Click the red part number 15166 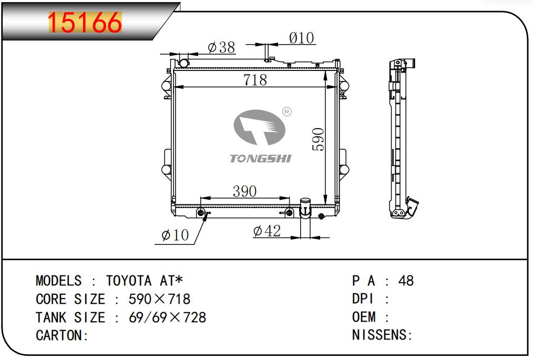pyautogui.click(x=85, y=23)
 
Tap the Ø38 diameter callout pyautogui.click(x=221, y=47)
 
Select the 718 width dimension pyautogui.click(x=255, y=80)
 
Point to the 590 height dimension pyautogui.click(x=318, y=139)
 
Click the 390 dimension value pyautogui.click(x=245, y=191)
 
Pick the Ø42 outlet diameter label pyautogui.click(x=267, y=231)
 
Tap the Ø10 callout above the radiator pyautogui.click(x=302, y=38)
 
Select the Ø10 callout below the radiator pyautogui.click(x=175, y=235)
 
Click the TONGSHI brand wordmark pyautogui.click(x=261, y=158)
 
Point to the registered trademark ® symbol pyautogui.click(x=287, y=111)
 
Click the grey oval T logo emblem pyautogui.click(x=259, y=127)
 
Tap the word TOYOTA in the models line pyautogui.click(x=128, y=281)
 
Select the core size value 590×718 pyautogui.click(x=159, y=299)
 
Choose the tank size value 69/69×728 pyautogui.click(x=167, y=317)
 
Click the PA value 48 pyautogui.click(x=406, y=281)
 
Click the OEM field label pyautogui.click(x=364, y=317)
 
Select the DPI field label pyautogui.click(x=363, y=299)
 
